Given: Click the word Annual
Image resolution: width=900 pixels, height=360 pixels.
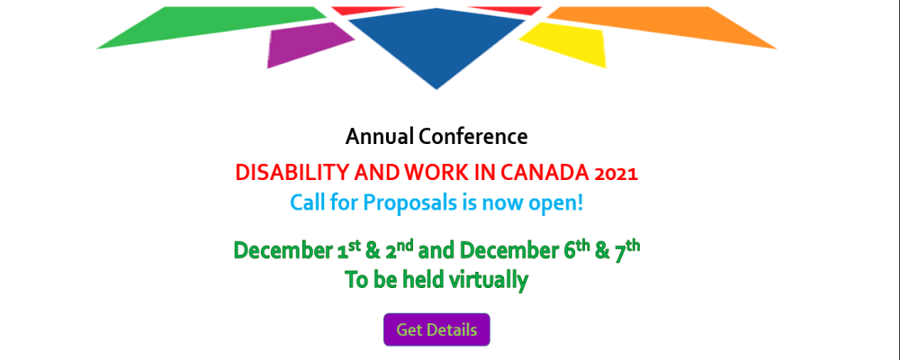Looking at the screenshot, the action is tap(380, 137).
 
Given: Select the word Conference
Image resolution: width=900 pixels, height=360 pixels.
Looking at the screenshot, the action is tap(473, 137).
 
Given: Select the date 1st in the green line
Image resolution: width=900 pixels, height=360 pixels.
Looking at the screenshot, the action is tap(346, 250).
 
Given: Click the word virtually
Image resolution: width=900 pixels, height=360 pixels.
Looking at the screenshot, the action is tap(487, 280).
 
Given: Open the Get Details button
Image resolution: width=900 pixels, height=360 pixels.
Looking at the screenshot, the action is tap(436, 330).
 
